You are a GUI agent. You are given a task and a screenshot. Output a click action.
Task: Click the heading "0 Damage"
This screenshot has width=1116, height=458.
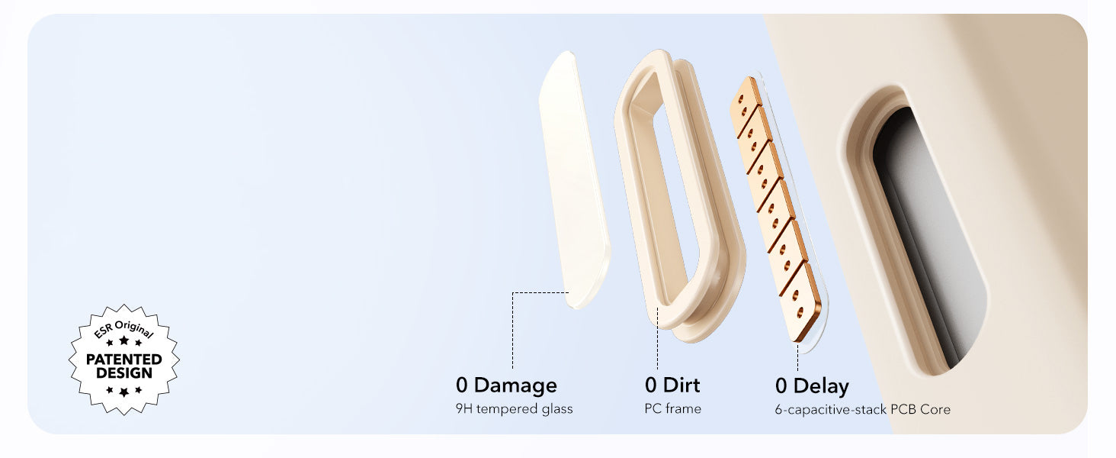(506, 385)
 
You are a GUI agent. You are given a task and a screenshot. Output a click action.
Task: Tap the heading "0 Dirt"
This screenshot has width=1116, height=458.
(672, 385)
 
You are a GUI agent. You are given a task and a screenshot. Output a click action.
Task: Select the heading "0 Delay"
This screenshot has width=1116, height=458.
(812, 386)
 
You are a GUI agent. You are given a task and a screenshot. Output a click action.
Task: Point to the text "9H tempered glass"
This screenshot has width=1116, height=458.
(514, 409)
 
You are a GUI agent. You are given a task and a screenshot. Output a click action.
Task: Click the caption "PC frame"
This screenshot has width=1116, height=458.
(672, 408)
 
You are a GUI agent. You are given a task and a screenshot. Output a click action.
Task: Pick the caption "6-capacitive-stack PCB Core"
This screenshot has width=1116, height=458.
(862, 410)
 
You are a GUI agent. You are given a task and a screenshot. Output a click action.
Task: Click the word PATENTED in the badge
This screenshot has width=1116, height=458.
(124, 360)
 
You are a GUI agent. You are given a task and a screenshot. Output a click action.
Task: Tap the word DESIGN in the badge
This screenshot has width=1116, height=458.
(124, 373)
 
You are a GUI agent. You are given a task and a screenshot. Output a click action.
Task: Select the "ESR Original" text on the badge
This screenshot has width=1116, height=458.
(123, 329)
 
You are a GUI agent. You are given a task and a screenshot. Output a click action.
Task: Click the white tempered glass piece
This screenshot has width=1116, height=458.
(575, 179)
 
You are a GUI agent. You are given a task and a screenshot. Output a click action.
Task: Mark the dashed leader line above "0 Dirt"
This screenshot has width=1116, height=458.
(658, 338)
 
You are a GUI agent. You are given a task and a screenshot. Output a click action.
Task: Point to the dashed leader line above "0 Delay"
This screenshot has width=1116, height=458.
(797, 357)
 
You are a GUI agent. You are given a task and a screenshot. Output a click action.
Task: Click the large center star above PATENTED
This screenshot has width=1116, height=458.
(124, 340)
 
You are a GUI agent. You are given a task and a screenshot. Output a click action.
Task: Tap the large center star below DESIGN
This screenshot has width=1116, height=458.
(124, 392)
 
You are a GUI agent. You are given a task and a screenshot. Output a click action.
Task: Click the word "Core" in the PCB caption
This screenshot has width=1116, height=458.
(935, 410)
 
